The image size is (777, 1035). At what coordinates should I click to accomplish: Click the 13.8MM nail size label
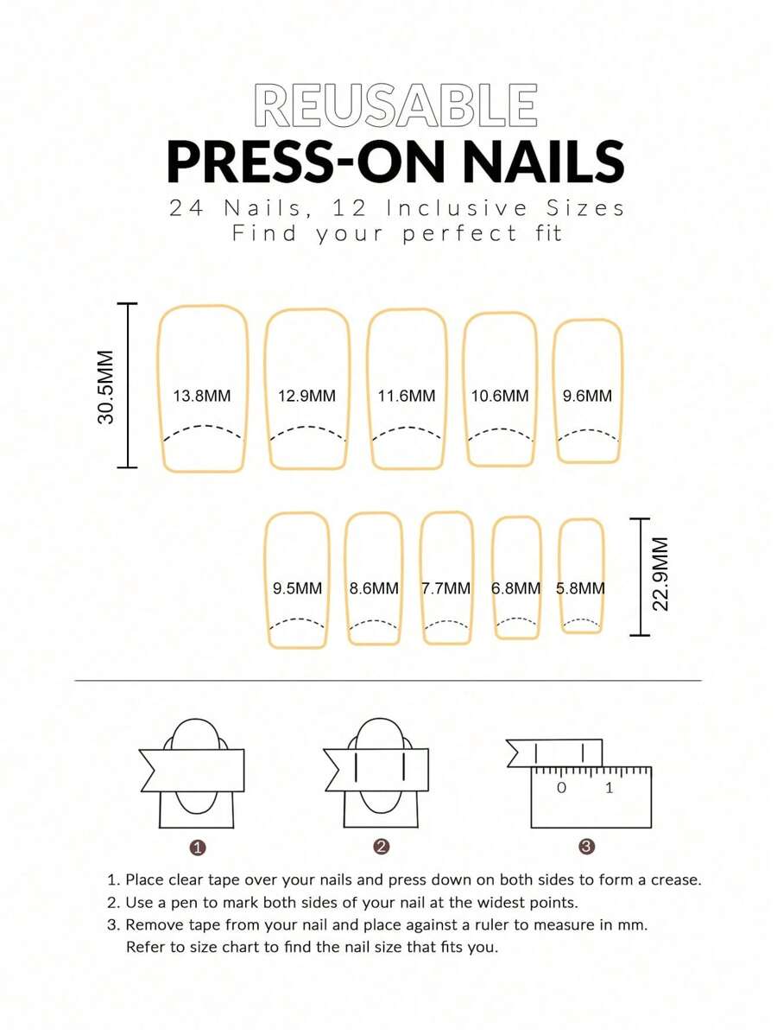(202, 396)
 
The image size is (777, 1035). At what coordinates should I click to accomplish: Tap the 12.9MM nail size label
(306, 396)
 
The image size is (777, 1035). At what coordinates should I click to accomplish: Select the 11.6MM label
(407, 396)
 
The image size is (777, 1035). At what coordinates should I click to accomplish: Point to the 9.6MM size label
(587, 396)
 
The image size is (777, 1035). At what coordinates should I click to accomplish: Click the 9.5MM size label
(298, 588)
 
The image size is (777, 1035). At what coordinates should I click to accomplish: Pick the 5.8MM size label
(580, 588)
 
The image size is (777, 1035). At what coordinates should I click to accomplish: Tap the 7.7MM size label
(445, 588)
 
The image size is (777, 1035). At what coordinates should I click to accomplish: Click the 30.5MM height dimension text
(106, 387)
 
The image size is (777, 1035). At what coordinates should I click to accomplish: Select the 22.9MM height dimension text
(661, 575)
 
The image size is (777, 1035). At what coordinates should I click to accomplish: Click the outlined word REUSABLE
(395, 105)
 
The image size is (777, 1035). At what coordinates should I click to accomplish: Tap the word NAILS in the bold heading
(543, 162)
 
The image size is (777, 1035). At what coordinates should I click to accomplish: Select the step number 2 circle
(381, 847)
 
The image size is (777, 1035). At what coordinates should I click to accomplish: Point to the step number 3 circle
(586, 847)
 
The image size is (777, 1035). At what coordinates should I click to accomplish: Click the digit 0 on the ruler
(561, 787)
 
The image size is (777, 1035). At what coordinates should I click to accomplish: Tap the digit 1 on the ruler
(609, 787)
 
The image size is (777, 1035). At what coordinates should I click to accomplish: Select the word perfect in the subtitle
(460, 233)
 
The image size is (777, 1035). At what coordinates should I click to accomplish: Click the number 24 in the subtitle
(186, 208)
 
